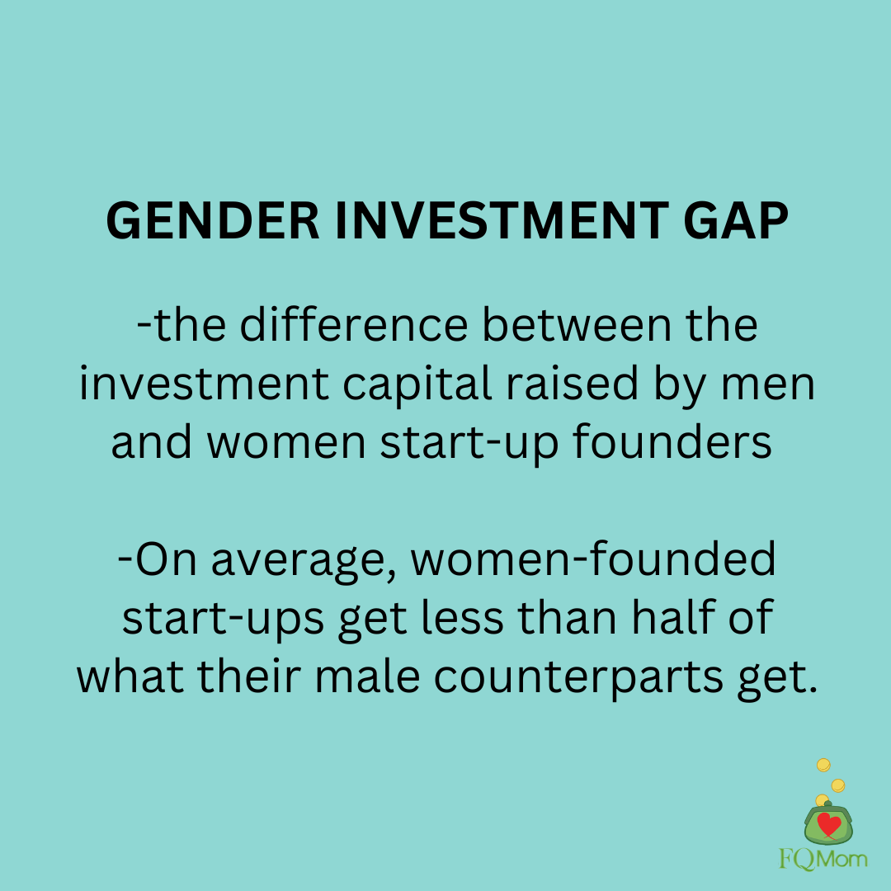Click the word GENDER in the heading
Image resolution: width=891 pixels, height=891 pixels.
[x=213, y=220]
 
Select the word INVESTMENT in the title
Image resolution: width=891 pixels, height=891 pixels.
[x=502, y=220]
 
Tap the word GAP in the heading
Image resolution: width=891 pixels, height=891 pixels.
[x=736, y=220]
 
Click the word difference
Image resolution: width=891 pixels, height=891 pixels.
[x=353, y=325]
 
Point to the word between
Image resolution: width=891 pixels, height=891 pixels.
[x=576, y=325]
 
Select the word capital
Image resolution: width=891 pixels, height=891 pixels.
[x=417, y=384]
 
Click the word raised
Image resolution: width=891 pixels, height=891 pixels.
[x=572, y=384]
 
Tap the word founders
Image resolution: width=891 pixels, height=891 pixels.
[x=672, y=442]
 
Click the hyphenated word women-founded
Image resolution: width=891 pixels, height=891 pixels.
[x=592, y=559]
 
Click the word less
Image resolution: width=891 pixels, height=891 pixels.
[x=462, y=617]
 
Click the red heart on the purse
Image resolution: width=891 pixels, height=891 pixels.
[x=829, y=824]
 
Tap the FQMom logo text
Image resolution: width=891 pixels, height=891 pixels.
[x=823, y=859]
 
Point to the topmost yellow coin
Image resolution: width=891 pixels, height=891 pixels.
[x=823, y=765]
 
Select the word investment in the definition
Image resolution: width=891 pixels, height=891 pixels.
[x=204, y=384]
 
